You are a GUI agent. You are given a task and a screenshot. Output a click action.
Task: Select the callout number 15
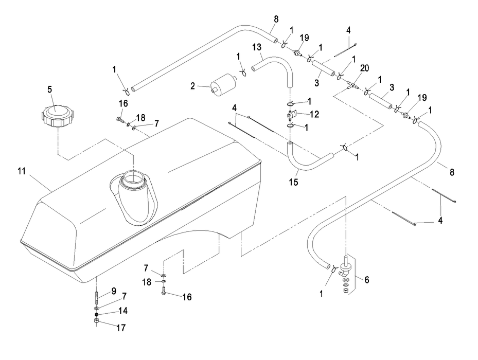(x=294, y=181)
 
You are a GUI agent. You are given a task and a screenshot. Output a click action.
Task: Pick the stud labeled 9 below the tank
(x=96, y=297)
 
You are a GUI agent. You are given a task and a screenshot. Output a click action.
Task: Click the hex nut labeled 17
(x=97, y=323)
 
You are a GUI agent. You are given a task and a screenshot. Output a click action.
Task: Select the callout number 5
(x=50, y=88)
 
